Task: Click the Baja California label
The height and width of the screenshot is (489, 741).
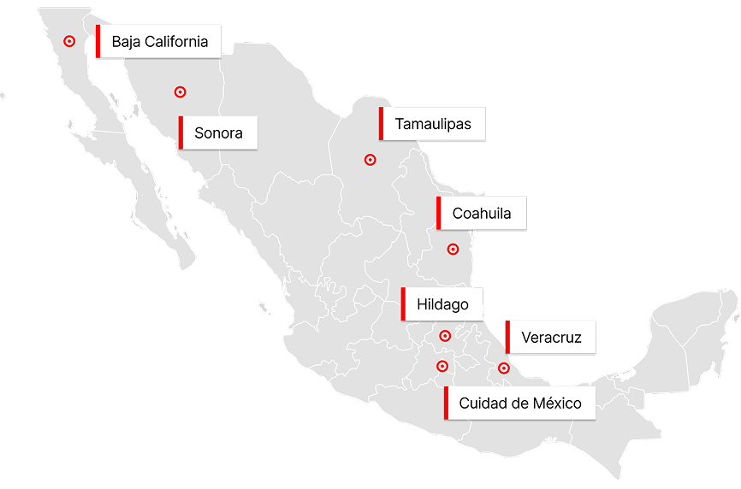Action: [159, 42]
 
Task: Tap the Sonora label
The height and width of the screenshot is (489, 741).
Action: [218, 133]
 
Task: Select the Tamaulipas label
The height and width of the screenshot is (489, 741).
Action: [433, 125]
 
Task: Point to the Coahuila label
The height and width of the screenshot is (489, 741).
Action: [482, 214]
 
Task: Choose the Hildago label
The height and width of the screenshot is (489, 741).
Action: [442, 304]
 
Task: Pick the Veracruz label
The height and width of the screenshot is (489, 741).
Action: [551, 338]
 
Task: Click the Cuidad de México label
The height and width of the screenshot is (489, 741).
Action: [520, 404]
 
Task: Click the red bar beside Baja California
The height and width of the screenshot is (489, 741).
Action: [98, 42]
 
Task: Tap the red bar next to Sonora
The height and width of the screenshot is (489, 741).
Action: [181, 133]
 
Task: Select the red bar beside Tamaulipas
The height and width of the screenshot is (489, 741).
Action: [382, 125]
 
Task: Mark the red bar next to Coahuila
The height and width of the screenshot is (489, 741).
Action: [439, 214]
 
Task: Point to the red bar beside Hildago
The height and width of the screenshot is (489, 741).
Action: [403, 304]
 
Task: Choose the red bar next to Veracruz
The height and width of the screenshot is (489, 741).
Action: [507, 338]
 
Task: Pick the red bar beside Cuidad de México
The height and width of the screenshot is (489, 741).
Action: [446, 404]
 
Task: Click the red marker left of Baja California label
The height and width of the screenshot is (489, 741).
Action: [69, 41]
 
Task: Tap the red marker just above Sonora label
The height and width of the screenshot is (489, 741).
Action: [180, 92]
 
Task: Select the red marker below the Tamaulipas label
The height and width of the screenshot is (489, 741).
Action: [370, 160]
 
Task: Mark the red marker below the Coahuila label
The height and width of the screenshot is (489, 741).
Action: [453, 250]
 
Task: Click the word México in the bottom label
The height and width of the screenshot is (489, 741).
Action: [556, 404]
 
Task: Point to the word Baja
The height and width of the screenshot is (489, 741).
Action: [127, 42]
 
